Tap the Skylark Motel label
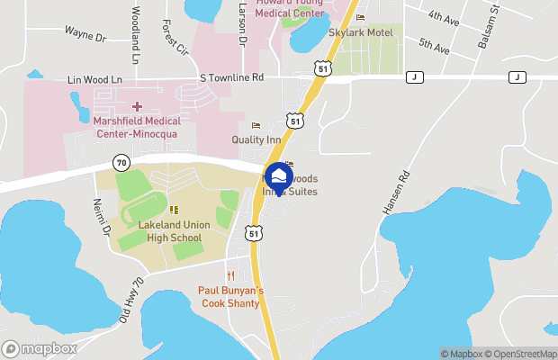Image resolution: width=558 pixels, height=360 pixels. tap(361, 31)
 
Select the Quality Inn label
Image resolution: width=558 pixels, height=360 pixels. tap(256, 139)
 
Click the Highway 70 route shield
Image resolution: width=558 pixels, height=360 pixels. tap(121, 162)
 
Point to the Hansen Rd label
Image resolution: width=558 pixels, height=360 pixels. tap(398, 193)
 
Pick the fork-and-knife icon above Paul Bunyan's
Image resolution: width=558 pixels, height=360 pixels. tap(230, 275)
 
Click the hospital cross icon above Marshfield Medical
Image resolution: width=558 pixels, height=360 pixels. tap(149, 106)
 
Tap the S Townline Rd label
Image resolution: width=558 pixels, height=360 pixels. tap(232, 78)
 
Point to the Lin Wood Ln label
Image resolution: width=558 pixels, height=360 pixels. tap(94, 80)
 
